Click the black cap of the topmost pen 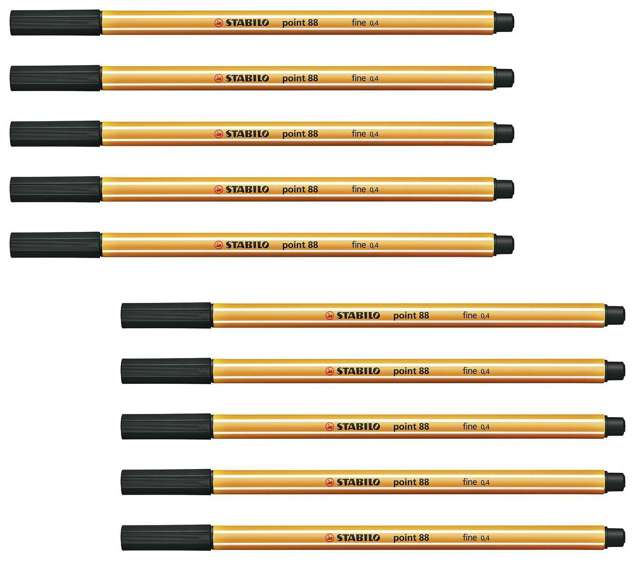click(x=55, y=22)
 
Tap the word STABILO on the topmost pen click(x=247, y=22)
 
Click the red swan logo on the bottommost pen click(x=329, y=537)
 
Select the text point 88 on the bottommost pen click(x=411, y=537)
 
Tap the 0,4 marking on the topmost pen click(x=374, y=23)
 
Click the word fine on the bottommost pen click(x=470, y=537)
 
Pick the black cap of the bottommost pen click(x=166, y=537)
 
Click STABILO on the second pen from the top click(x=247, y=78)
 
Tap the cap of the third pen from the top click(x=55, y=134)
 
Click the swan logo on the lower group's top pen click(x=329, y=315)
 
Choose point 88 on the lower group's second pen click(x=411, y=371)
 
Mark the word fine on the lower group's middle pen click(x=470, y=426)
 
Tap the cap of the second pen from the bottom click(x=166, y=482)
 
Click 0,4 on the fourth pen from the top click(x=374, y=190)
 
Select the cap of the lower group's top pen click(x=166, y=315)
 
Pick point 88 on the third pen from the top click(x=300, y=134)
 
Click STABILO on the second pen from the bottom click(x=358, y=482)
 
